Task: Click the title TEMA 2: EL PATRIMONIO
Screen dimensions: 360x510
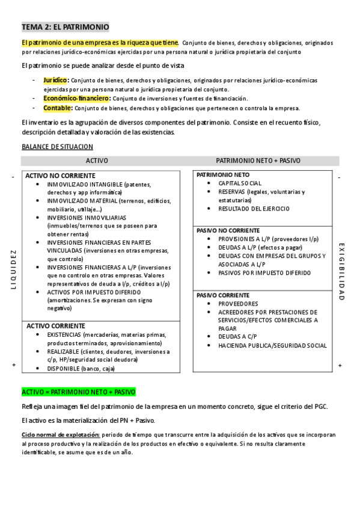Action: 65,27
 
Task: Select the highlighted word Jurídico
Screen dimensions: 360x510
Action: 55,80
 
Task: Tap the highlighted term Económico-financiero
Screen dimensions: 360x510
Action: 76,98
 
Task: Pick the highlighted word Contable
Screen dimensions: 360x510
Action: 57,108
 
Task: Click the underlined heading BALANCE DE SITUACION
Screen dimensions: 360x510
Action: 57,146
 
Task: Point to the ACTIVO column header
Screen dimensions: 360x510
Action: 97,161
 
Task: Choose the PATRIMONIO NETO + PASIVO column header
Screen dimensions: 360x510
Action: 258,161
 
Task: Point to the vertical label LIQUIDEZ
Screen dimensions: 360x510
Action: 13,269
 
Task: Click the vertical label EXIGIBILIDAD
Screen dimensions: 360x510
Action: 341,271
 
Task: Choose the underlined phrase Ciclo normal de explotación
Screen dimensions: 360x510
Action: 58,434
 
